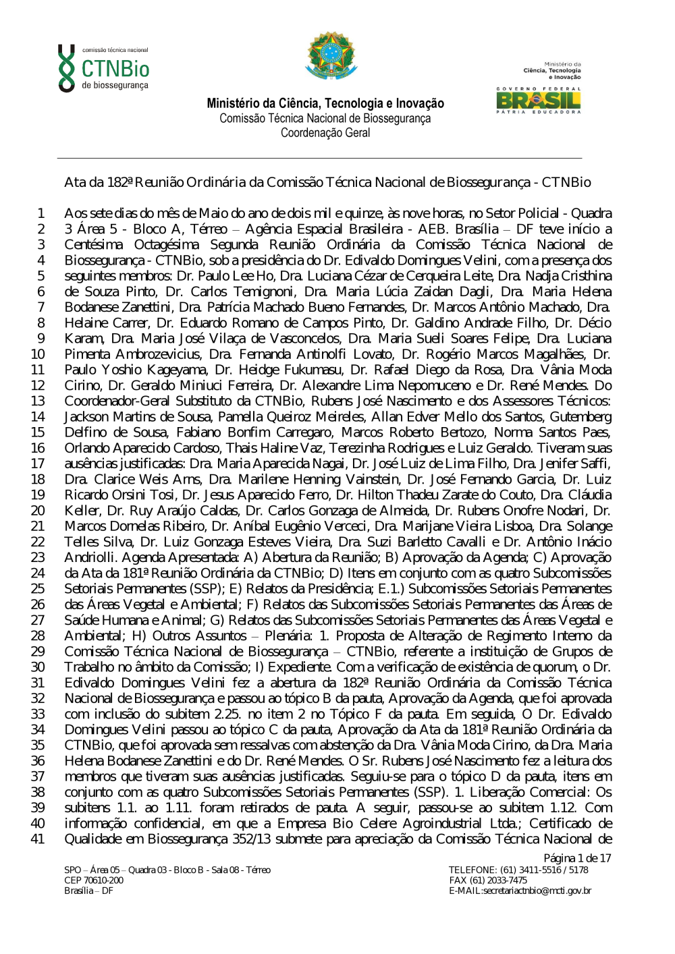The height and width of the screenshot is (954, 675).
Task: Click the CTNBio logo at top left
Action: tap(103, 68)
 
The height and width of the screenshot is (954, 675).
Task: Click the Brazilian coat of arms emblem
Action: tap(331, 55)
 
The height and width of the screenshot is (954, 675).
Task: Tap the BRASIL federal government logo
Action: tap(538, 100)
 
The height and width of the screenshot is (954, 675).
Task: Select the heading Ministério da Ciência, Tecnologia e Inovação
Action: tap(325, 103)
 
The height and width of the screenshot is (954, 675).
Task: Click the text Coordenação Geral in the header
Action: tap(325, 133)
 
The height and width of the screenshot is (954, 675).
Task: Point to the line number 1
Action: tap(41, 213)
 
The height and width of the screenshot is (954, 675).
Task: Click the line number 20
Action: tap(38, 511)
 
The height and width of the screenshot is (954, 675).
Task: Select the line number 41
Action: tap(38, 839)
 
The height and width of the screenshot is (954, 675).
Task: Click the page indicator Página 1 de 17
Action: tap(577, 858)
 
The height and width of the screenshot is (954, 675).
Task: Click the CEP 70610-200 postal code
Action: tap(94, 880)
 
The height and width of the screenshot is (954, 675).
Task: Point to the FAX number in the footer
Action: tap(488, 880)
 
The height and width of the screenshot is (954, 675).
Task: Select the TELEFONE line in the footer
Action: tap(518, 870)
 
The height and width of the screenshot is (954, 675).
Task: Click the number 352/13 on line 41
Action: tap(255, 839)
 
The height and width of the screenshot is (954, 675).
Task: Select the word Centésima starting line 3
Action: tap(94, 245)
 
